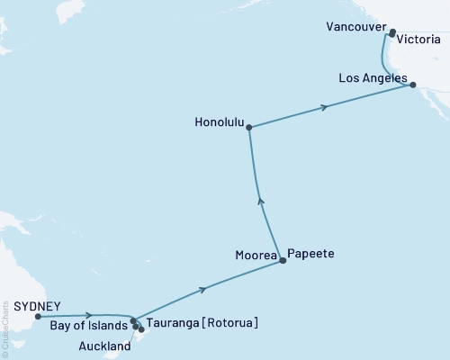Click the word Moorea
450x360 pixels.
[255, 255]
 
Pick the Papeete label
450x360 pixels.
[311, 255]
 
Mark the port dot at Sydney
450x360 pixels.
[38, 316]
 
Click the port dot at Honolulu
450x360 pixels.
[248, 127]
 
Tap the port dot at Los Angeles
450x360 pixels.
[413, 85]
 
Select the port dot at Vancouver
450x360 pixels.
[392, 34]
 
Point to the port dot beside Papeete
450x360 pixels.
[283, 261]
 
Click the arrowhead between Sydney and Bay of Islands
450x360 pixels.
[88, 315]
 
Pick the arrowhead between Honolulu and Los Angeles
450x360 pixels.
[324, 108]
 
